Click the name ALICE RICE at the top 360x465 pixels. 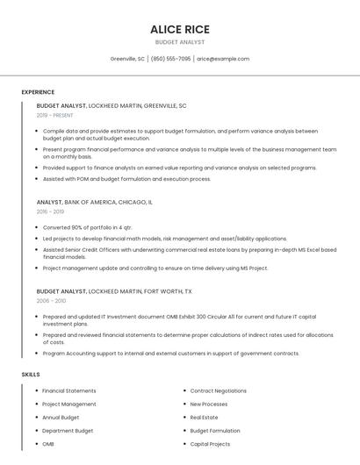point(180,29)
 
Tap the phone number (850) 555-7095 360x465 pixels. point(170,59)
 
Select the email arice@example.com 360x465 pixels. point(223,59)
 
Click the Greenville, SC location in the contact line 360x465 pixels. point(127,59)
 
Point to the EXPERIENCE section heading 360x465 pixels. point(38,92)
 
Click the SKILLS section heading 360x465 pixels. point(31,375)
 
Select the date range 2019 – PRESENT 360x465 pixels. point(55,115)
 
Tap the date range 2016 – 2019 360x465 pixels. point(50,211)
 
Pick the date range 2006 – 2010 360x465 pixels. point(50,300)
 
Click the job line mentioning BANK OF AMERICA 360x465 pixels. point(94,202)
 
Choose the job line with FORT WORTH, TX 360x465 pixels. point(114,290)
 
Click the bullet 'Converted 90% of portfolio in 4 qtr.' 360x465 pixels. point(87,227)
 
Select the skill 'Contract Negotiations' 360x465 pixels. point(218,390)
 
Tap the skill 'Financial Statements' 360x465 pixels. point(69,390)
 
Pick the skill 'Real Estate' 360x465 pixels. point(204,418)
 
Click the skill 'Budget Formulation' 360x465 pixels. point(215,431)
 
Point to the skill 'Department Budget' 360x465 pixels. point(68,431)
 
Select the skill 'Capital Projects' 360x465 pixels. point(210,444)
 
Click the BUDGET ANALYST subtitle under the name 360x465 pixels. point(180,42)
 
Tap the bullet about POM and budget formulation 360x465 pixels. point(126,179)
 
